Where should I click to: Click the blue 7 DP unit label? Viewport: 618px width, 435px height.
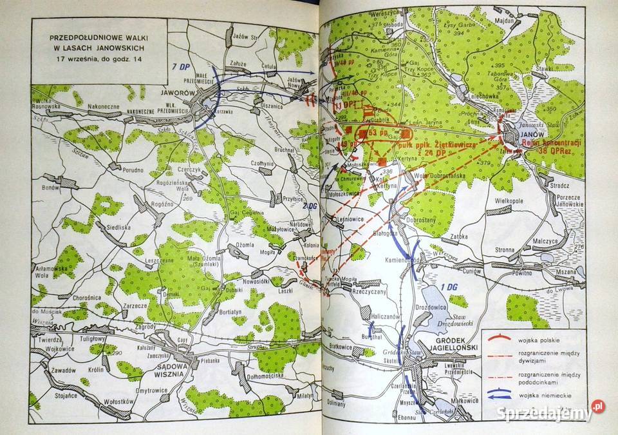[182, 66]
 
